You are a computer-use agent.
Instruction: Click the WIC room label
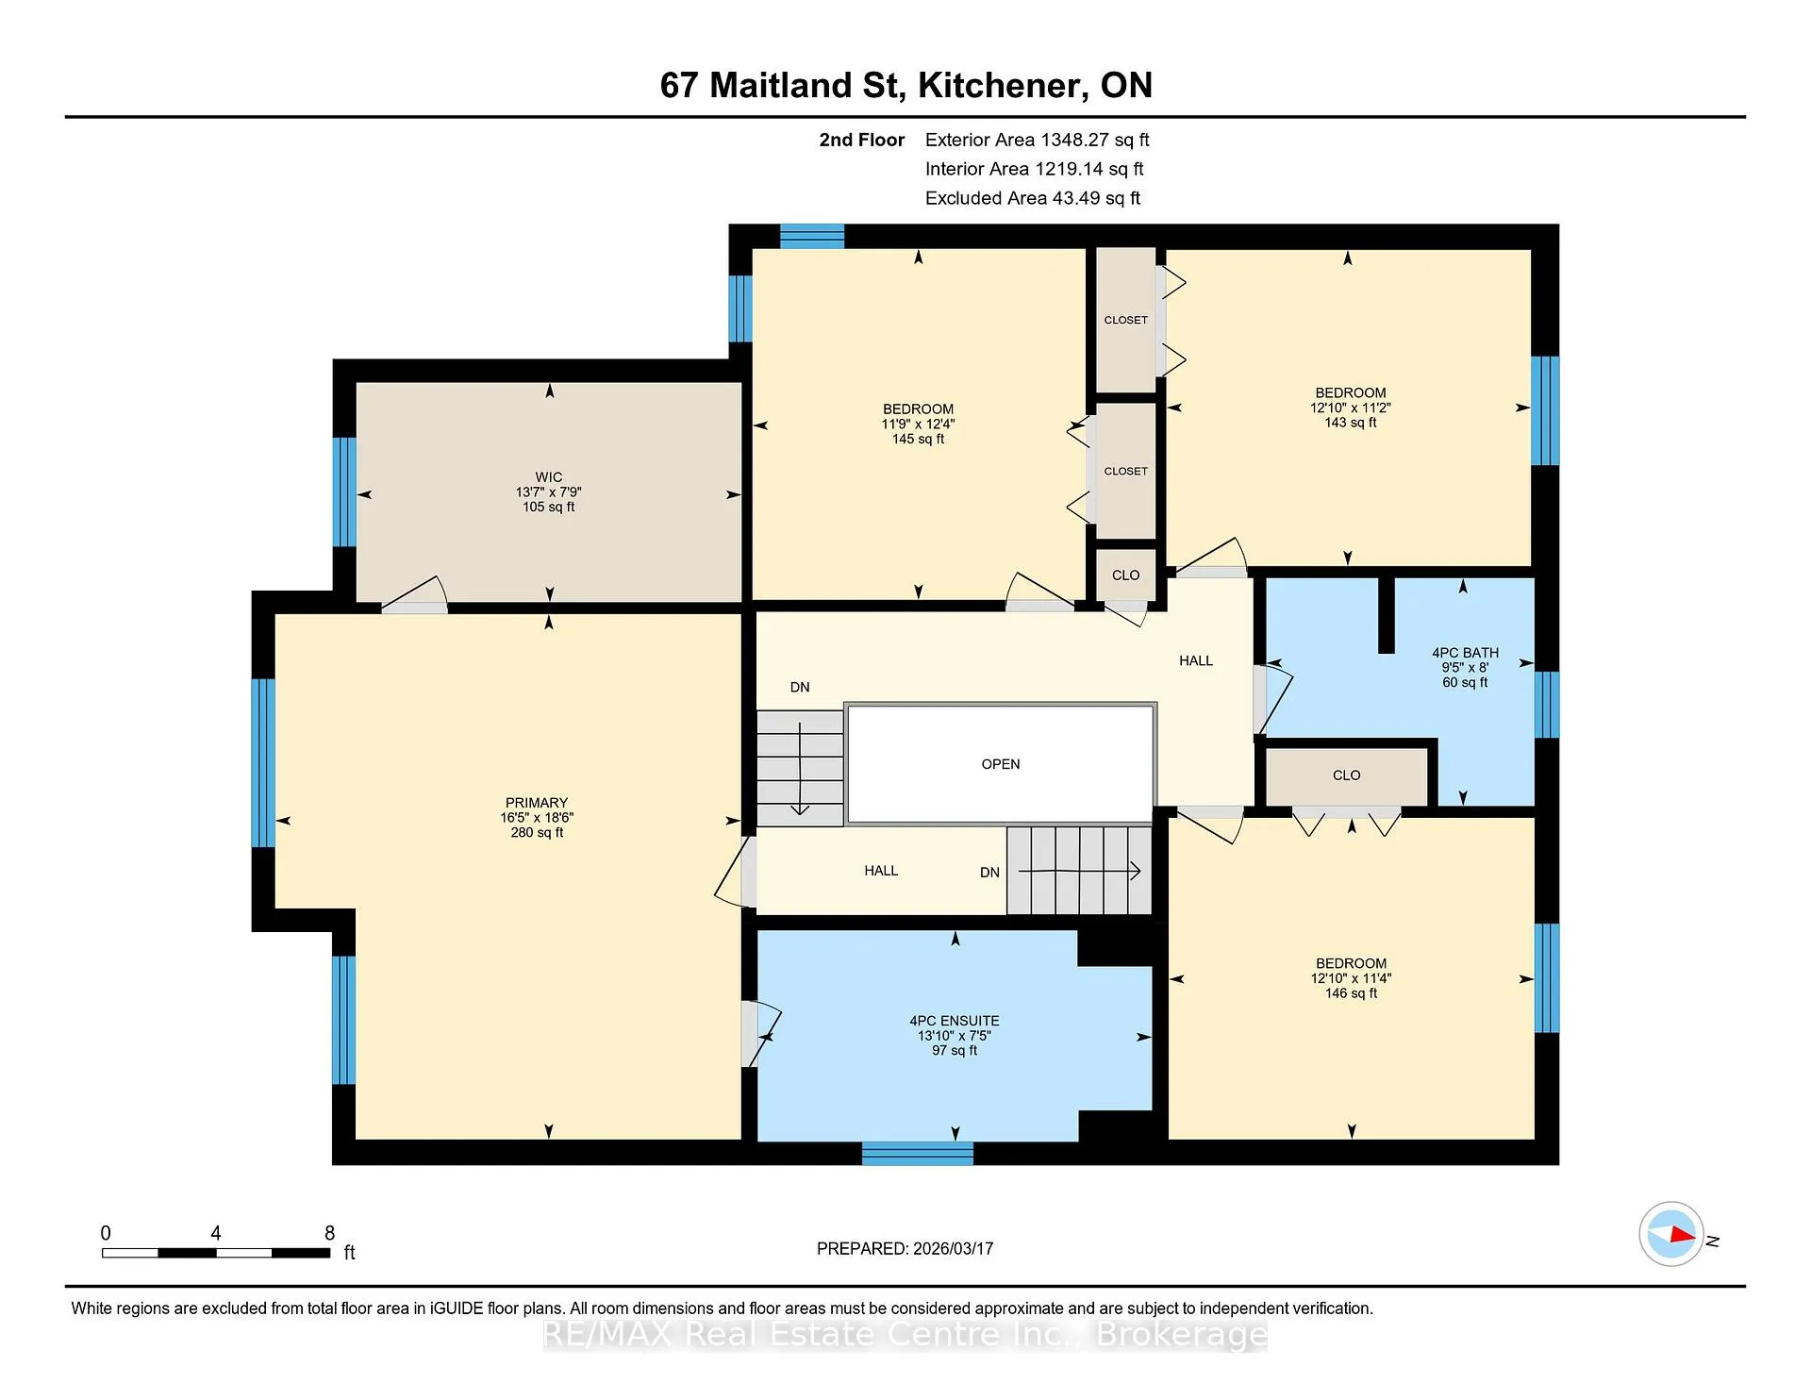(549, 477)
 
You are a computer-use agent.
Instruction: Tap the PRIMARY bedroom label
(537, 803)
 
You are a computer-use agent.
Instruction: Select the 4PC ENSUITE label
(955, 1021)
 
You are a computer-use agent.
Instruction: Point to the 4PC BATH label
(1465, 653)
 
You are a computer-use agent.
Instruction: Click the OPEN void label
(1001, 764)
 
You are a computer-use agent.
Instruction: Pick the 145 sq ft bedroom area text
(919, 439)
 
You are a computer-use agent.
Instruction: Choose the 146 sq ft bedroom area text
(1352, 993)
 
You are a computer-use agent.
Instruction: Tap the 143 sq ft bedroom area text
(1351, 423)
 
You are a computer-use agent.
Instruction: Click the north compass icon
(1671, 1234)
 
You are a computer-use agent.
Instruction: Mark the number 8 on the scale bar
(329, 1233)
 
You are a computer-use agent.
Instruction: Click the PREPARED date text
(905, 1248)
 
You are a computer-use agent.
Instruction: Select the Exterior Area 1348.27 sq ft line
(1038, 140)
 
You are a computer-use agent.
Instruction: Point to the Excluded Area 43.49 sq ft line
(1033, 198)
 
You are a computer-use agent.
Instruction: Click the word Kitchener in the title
(1000, 86)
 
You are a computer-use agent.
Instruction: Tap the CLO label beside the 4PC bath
(1346, 775)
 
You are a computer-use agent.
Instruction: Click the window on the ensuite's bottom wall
(918, 1154)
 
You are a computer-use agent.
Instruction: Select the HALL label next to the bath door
(1196, 661)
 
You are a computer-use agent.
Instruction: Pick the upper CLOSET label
(1126, 320)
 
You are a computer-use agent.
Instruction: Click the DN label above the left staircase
(800, 687)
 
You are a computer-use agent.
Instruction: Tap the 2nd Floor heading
(862, 140)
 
